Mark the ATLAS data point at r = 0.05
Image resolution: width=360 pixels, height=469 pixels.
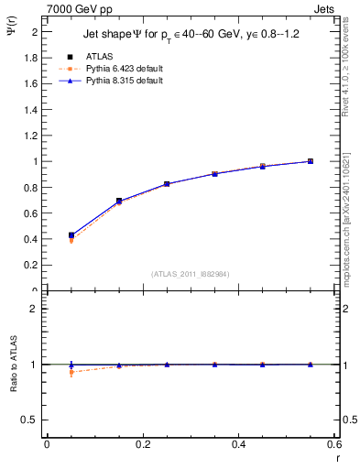click(71, 235)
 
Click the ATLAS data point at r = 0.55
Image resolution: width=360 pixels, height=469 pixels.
click(311, 161)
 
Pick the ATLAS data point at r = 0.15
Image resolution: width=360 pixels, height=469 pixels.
click(119, 201)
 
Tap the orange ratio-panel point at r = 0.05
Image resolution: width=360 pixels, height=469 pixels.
click(71, 372)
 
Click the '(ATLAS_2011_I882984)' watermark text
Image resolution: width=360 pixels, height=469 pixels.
click(191, 273)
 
